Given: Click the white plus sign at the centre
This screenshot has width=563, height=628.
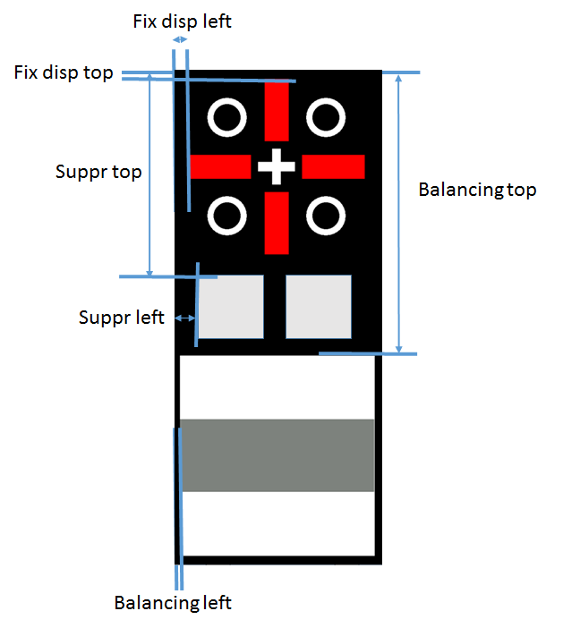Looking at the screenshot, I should (277, 166).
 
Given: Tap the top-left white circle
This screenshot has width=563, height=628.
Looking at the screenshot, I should (226, 117).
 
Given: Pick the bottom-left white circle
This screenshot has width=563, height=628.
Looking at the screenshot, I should (226, 216).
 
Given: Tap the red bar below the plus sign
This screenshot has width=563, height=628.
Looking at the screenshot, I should (277, 223).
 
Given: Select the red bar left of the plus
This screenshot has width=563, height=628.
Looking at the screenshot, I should (220, 166).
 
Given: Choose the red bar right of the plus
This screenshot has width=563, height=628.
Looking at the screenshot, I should (334, 166).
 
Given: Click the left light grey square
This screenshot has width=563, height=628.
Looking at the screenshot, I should (231, 307).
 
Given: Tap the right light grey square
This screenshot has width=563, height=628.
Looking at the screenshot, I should (319, 307).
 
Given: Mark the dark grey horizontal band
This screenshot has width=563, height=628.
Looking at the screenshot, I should (277, 455).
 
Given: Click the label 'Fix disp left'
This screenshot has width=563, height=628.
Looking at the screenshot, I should (182, 21).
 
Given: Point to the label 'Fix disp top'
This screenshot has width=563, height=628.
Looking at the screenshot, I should (64, 72).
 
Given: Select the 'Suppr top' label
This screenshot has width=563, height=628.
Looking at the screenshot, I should (98, 172).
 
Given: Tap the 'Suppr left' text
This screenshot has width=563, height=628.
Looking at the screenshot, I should (122, 317).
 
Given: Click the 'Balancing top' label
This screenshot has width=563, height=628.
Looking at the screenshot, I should (477, 190).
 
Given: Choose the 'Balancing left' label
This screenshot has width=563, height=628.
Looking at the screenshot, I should (173, 602).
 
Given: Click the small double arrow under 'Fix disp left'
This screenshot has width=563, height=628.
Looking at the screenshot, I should (181, 40).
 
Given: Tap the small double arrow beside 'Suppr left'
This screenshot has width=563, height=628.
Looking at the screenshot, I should (185, 318).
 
